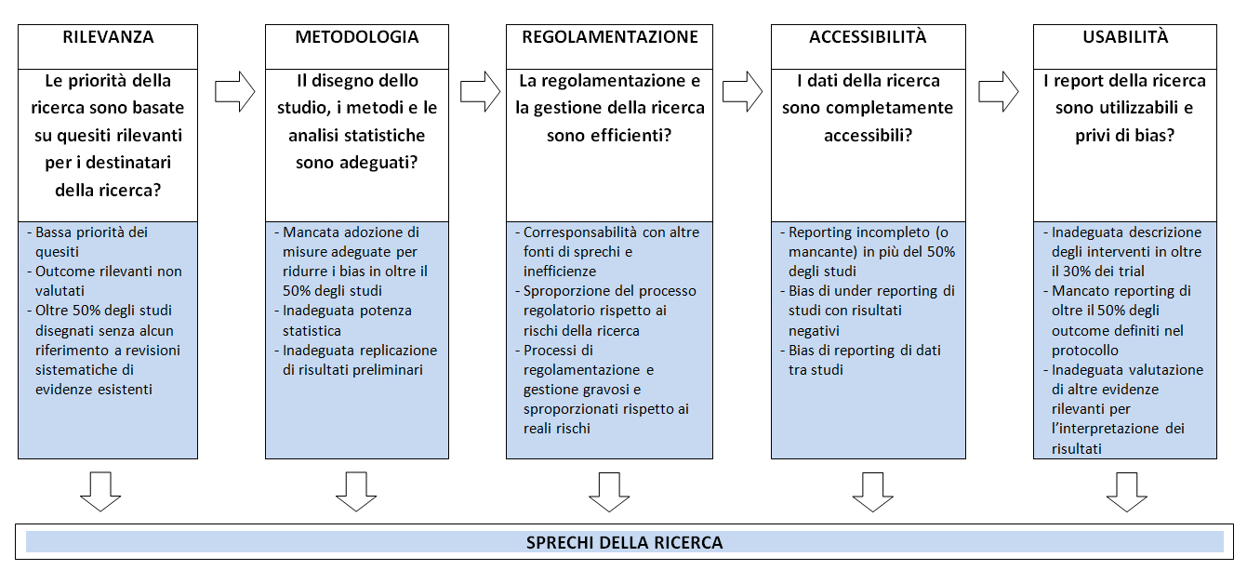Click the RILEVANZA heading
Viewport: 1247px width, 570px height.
tap(108, 37)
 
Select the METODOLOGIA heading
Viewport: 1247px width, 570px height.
tap(357, 37)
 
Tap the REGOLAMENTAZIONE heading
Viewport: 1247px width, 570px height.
tap(610, 37)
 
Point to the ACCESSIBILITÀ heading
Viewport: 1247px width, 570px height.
tap(868, 37)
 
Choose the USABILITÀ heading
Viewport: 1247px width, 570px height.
tap(1125, 37)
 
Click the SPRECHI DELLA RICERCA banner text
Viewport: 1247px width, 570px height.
tap(624, 542)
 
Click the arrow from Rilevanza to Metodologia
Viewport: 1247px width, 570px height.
tap(235, 91)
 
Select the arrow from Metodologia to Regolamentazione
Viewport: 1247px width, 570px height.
tap(481, 91)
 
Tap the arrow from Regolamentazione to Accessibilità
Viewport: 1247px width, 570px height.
tap(743, 91)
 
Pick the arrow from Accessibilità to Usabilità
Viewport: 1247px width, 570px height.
tap(999, 91)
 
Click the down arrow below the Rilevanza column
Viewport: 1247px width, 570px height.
tap(100, 492)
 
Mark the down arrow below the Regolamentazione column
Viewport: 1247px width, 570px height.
tap(609, 492)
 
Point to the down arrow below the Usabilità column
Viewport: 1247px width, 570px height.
tap(1127, 492)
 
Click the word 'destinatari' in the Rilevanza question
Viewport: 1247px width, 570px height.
tap(128, 163)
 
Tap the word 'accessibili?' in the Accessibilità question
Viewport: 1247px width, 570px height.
tap(868, 135)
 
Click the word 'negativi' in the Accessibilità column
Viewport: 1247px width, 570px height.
tap(814, 331)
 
